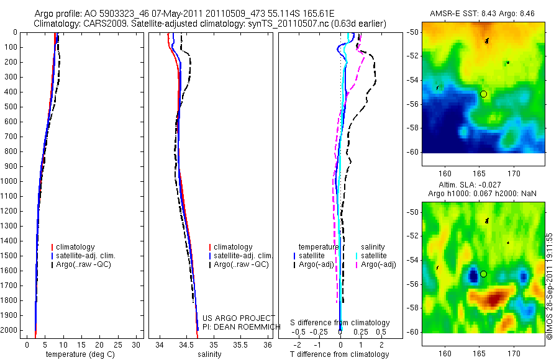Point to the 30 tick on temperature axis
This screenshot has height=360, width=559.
[137, 344]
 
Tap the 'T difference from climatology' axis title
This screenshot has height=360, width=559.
[340, 354]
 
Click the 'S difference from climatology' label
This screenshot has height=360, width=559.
[340, 323]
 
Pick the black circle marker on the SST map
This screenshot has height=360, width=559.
[483, 94]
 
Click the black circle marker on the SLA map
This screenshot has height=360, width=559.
[483, 274]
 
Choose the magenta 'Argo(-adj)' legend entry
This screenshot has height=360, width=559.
[378, 264]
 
